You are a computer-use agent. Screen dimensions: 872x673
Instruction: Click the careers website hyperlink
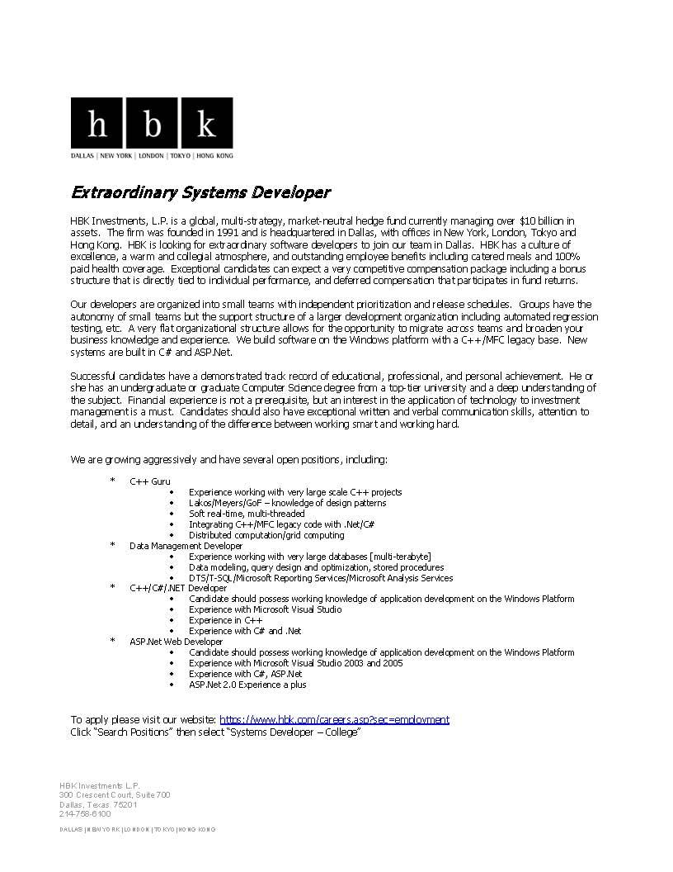[334, 719]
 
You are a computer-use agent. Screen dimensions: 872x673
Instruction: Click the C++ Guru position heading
[150, 481]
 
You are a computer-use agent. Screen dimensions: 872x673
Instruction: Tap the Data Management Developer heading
[186, 546]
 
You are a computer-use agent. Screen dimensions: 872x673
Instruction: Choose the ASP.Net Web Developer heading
[176, 642]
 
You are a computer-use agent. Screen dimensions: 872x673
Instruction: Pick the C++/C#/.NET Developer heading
[177, 588]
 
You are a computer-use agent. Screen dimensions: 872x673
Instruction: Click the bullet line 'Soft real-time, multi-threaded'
[246, 514]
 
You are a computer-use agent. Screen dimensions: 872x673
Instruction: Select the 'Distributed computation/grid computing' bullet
[266, 535]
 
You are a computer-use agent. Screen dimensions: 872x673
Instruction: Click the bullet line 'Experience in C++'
[225, 620]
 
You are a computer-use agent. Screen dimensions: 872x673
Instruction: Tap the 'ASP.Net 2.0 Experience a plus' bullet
[247, 685]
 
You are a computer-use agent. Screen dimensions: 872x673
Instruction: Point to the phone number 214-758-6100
[85, 813]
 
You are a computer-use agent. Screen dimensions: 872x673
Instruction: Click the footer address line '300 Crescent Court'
[115, 794]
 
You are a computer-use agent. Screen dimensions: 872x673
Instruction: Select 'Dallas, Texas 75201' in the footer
[98, 804]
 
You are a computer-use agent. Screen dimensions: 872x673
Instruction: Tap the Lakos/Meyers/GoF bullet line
[287, 503]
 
